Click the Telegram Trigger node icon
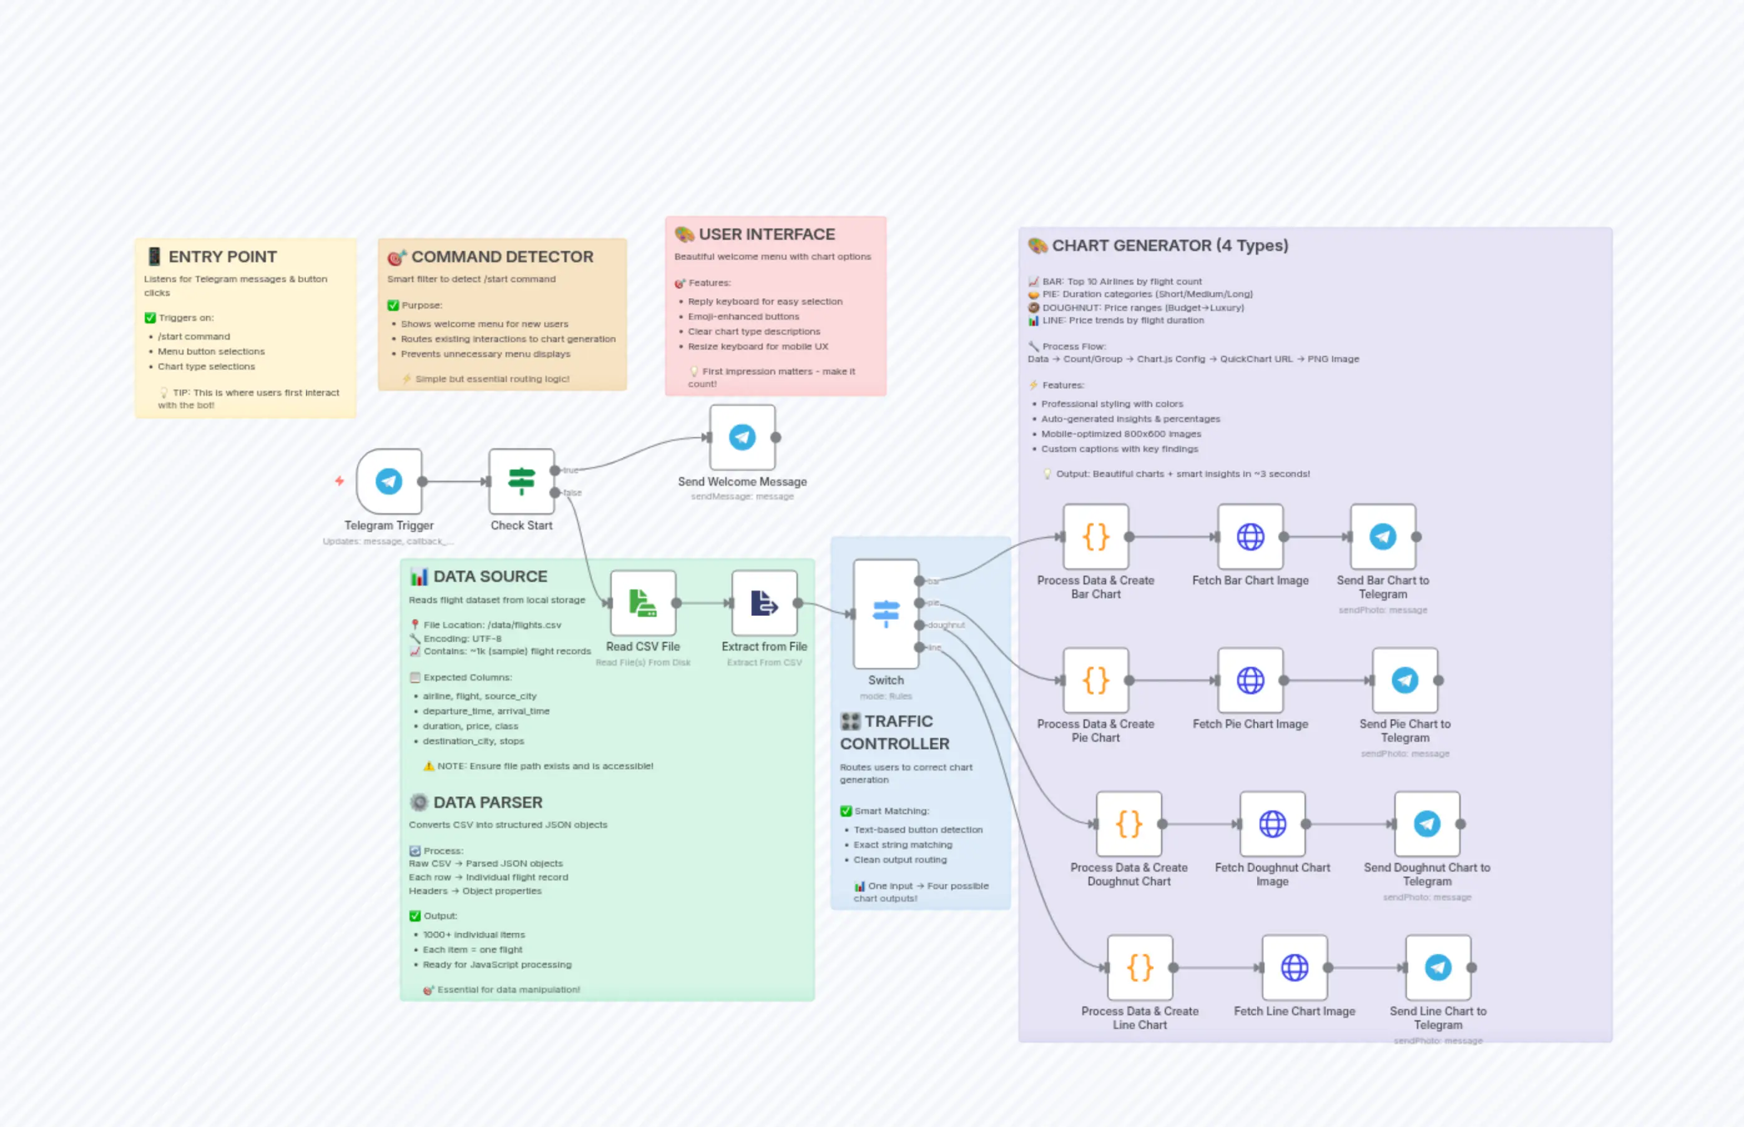[x=388, y=481]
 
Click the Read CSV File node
[x=642, y=603]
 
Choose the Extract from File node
[x=764, y=603]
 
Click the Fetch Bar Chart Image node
[x=1250, y=536]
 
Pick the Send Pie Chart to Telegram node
[x=1404, y=680]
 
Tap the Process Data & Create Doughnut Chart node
[x=1128, y=824]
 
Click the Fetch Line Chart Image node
[x=1294, y=967]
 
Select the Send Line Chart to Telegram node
[x=1438, y=967]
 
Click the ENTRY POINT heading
[x=222, y=257]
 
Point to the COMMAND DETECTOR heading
[x=502, y=257]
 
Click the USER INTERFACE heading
[x=766, y=234]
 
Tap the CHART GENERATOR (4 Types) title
[x=1170, y=245]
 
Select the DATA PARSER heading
[x=487, y=802]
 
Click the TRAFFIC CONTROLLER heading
[x=894, y=732]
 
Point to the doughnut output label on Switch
[x=946, y=625]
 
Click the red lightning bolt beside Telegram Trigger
[x=340, y=481]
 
